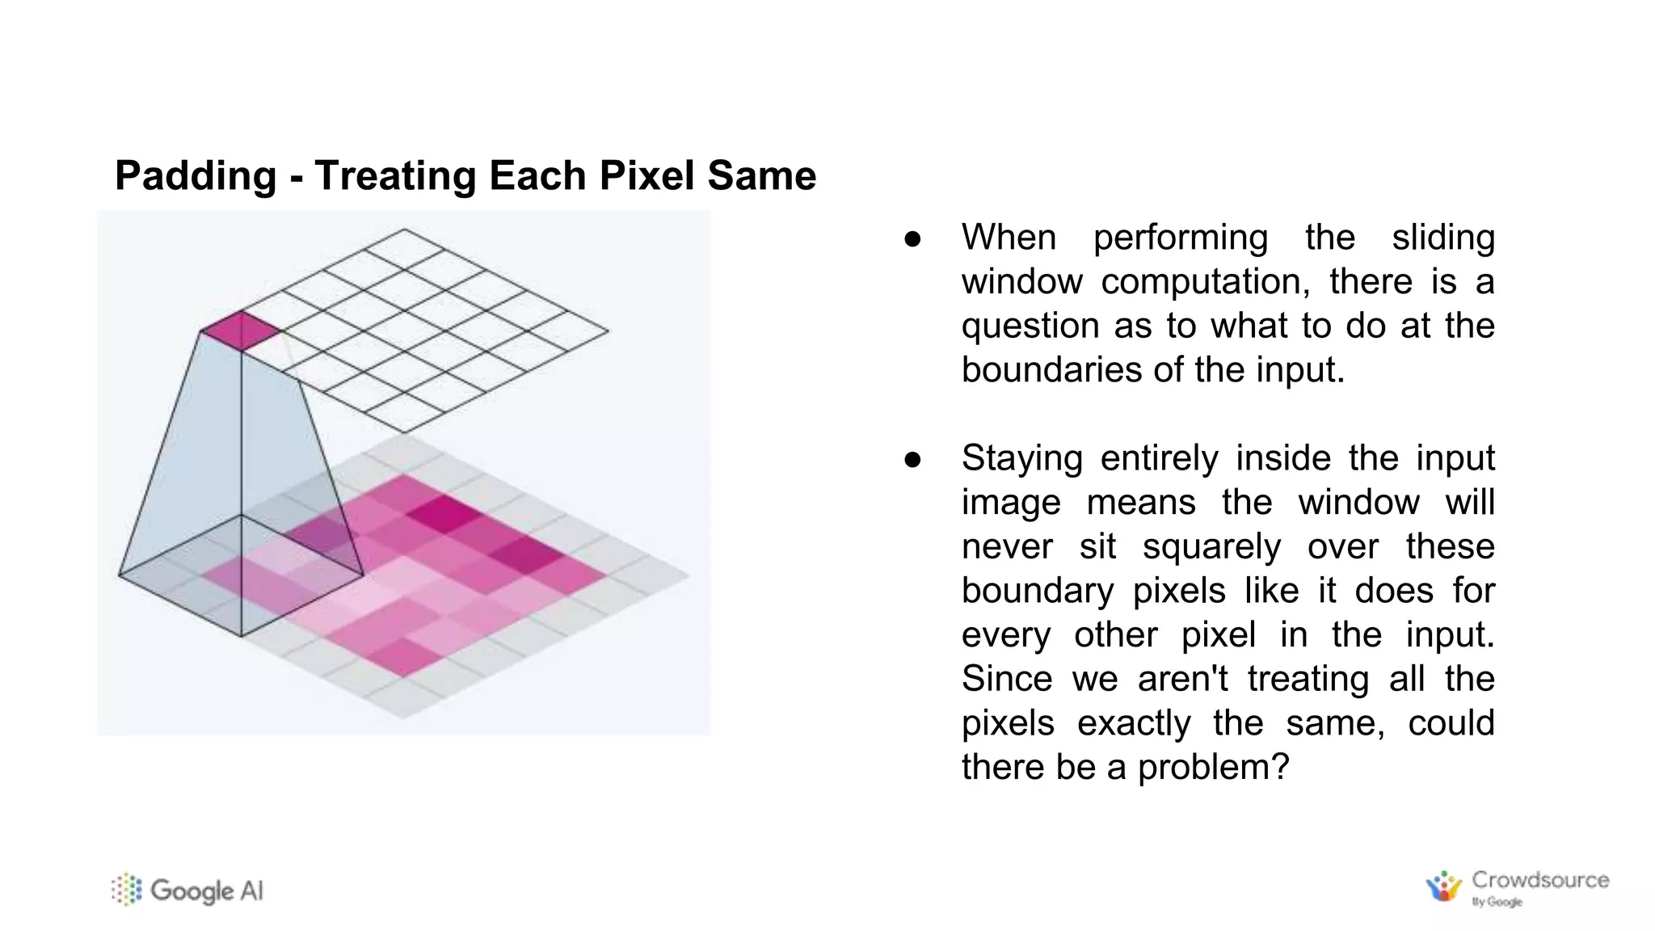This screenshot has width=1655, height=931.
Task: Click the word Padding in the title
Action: tap(196, 176)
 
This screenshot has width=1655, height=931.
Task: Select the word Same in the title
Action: tap(762, 176)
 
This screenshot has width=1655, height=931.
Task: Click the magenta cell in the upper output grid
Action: tap(241, 331)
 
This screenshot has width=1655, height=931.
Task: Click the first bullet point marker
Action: tap(912, 239)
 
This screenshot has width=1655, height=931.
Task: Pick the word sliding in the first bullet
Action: tap(1442, 238)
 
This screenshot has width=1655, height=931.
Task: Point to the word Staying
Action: tap(1021, 459)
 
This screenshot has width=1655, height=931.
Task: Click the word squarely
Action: tap(1211, 547)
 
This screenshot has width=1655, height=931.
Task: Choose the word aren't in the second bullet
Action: tap(1183, 679)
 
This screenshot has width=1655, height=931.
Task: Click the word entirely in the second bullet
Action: tap(1159, 459)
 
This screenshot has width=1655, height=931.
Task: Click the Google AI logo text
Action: tap(207, 891)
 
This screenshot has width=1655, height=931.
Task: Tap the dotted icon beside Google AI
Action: tap(126, 890)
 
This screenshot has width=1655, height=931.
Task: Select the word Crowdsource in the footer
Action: tap(1540, 880)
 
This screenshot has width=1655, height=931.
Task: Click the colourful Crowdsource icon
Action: tap(1444, 887)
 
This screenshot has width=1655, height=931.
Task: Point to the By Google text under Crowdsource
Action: tap(1497, 902)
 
